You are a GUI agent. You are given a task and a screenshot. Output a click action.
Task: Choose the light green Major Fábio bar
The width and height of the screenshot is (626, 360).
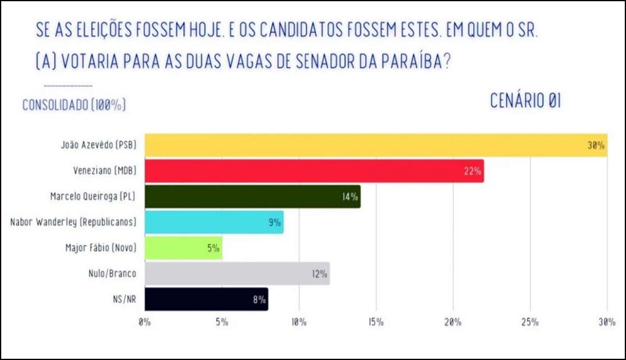(x=183, y=248)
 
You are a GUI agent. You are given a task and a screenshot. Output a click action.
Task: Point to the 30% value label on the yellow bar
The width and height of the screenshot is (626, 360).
(x=596, y=146)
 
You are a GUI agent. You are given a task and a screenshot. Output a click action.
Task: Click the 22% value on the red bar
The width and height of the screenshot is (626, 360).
(x=473, y=172)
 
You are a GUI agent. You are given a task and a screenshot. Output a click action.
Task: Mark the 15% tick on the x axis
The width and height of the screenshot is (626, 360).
(x=376, y=322)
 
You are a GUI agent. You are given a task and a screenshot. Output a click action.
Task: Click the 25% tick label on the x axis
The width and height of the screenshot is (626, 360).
(x=530, y=322)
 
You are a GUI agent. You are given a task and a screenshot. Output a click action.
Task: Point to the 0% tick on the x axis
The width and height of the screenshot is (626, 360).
(x=145, y=322)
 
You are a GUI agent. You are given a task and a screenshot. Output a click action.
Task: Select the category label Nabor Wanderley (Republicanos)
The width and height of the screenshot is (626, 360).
(x=74, y=222)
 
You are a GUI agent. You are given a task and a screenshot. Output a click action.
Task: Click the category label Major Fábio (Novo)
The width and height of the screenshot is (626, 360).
(x=100, y=248)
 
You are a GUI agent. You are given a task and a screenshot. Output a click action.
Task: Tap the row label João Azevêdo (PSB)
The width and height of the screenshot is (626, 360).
(x=98, y=146)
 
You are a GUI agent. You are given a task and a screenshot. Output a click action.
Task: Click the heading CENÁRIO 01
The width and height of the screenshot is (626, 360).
(x=526, y=102)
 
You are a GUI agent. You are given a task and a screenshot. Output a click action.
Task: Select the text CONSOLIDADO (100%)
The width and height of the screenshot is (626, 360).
(x=74, y=105)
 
